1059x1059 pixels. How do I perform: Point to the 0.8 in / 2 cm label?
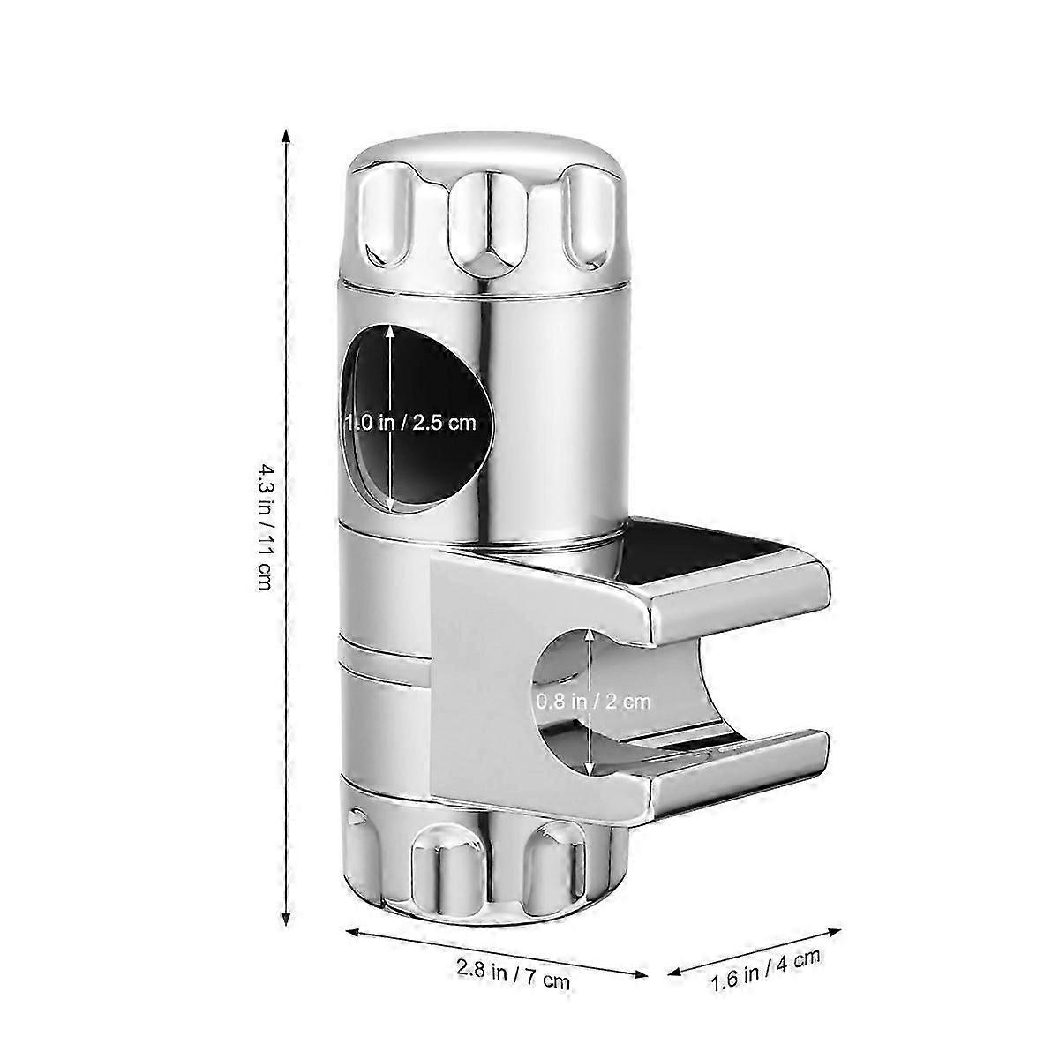(592, 702)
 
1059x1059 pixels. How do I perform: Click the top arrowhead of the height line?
(285, 135)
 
